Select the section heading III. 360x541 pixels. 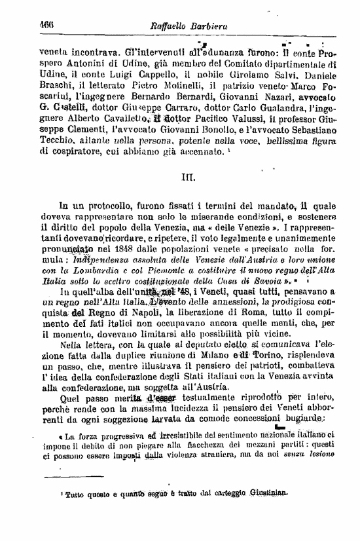tap(185, 177)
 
